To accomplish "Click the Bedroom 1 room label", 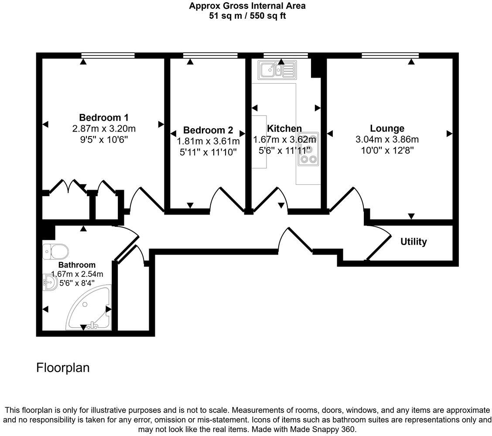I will coord(104,118).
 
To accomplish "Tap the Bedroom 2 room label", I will coord(208,130).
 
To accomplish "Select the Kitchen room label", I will coord(284,129).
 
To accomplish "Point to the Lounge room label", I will coord(387,129).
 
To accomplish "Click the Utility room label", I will coord(413,242).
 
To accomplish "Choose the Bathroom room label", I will coord(77,265).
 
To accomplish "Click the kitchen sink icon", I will coord(277,70).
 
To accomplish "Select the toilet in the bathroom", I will coord(56,252).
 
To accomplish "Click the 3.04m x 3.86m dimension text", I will coord(387,140).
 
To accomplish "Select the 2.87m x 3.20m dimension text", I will coord(104,129).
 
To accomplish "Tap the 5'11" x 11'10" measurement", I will coord(208,152).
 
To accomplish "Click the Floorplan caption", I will coord(63,368).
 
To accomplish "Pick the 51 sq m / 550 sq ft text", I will coord(247,16).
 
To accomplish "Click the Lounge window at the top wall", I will coord(390,55).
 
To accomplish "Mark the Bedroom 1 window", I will coord(108,55).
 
